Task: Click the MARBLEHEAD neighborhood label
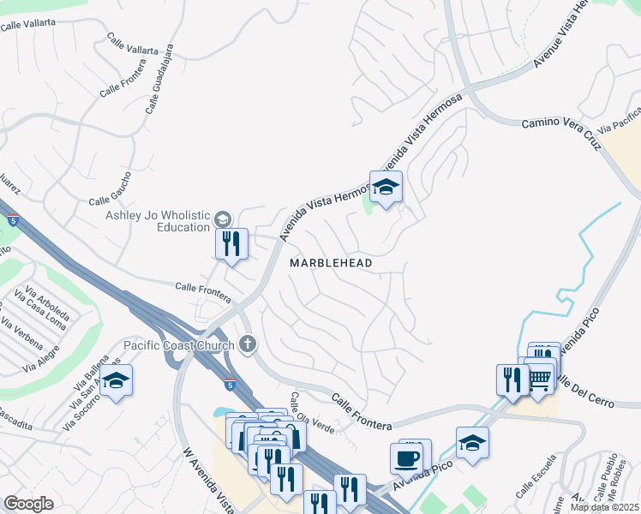[x=331, y=263]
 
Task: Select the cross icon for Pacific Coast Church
[x=247, y=345]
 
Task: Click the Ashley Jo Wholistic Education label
[x=158, y=221]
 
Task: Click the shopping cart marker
[x=538, y=380]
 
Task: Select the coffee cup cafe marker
[x=408, y=457]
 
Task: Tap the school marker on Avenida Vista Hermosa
[x=386, y=188]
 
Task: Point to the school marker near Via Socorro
[x=117, y=381]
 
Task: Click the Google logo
[x=28, y=504]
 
